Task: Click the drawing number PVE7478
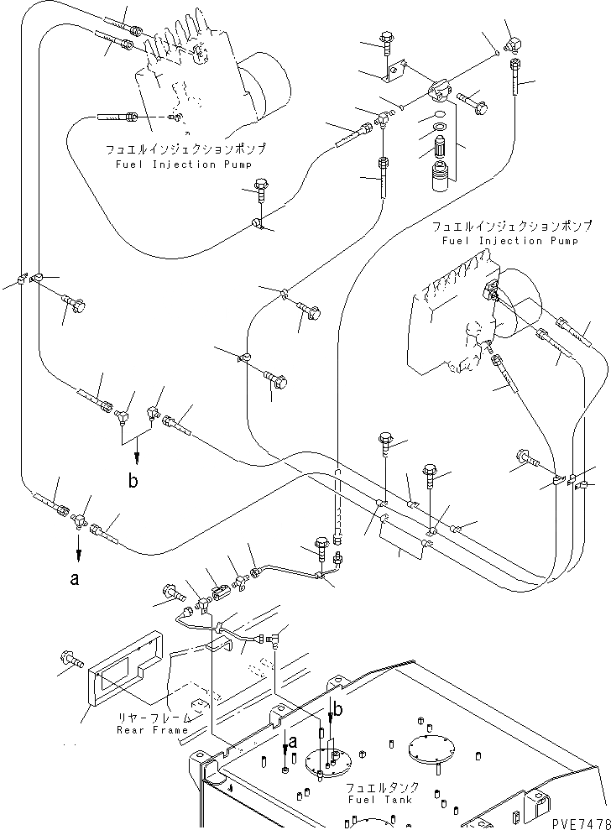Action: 581,823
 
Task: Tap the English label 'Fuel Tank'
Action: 379,800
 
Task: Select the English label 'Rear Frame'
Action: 153,730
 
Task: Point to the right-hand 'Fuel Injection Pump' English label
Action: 510,241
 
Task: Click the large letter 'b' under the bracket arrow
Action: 133,481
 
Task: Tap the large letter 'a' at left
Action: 75,578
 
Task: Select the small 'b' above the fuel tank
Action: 337,710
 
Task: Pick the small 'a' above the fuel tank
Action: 292,742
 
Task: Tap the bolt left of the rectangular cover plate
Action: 71,659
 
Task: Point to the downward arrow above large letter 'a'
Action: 78,547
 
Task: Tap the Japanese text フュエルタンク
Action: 382,787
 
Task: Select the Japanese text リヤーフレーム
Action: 154,718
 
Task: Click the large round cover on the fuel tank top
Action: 431,750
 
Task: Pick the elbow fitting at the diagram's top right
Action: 514,45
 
